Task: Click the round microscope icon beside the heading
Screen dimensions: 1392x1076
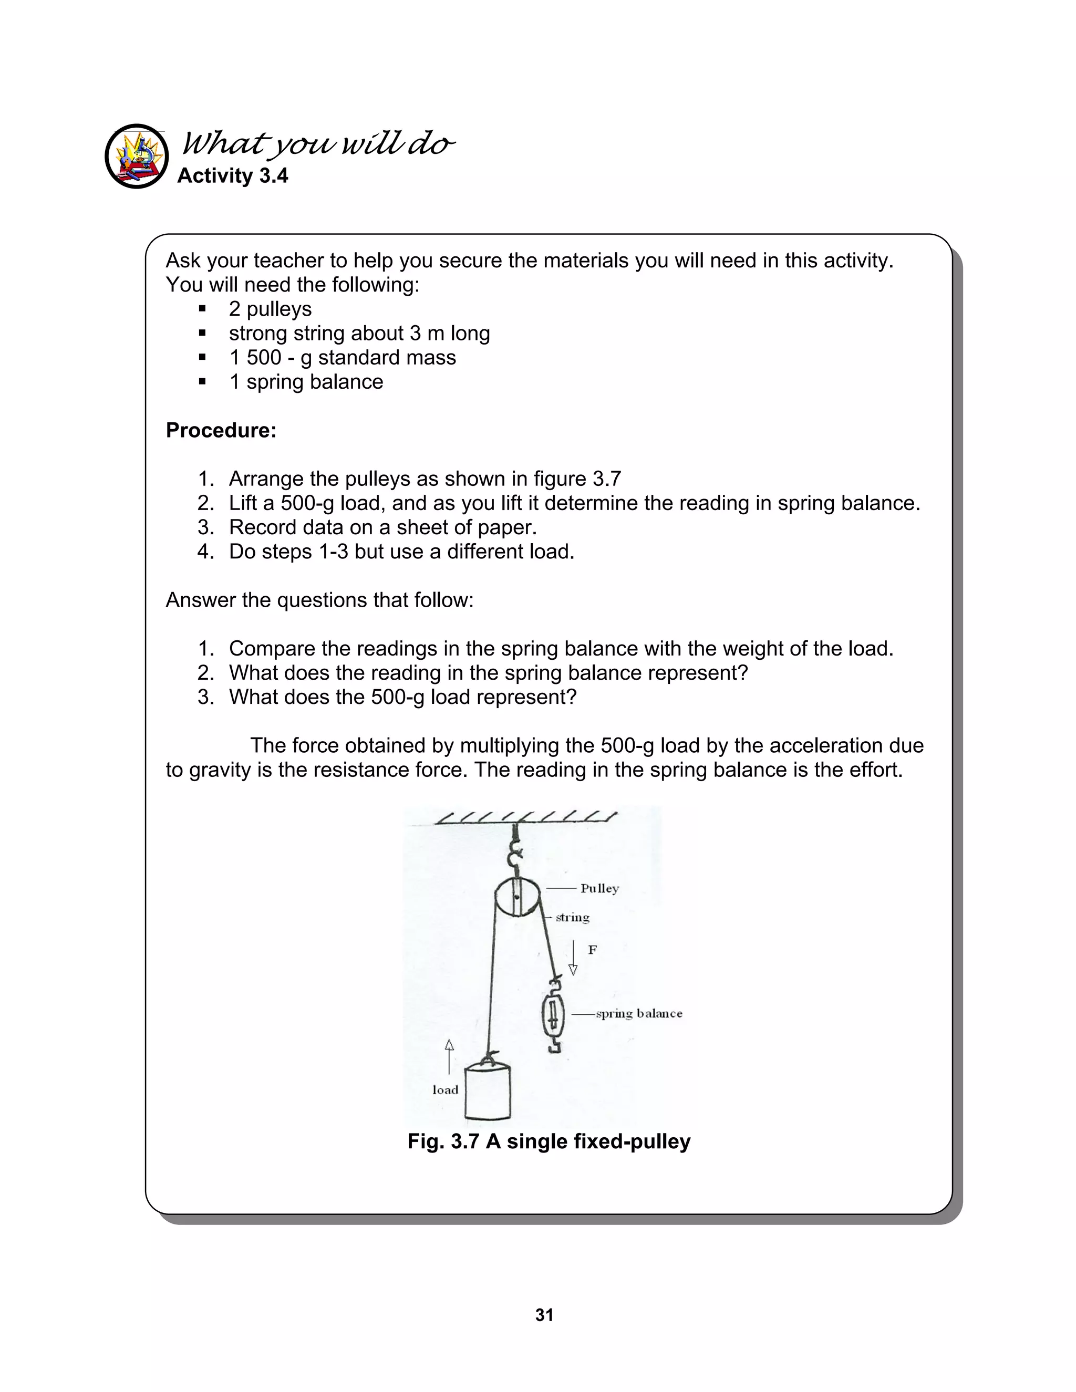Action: [x=137, y=156]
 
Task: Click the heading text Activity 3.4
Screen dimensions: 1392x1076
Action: [x=232, y=175]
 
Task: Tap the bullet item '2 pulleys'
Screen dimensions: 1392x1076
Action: [x=270, y=309]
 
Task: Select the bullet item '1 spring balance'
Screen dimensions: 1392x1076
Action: [x=306, y=382]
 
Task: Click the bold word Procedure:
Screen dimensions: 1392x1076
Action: [x=221, y=430]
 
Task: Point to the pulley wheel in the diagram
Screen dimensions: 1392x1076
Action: [x=517, y=897]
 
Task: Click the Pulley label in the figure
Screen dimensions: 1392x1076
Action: [x=599, y=888]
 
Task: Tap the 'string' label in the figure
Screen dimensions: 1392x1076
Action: [x=573, y=918]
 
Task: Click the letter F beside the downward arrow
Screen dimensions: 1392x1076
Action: [x=592, y=950]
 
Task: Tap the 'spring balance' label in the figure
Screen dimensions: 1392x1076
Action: [x=639, y=1013]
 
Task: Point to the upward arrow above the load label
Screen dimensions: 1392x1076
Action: [x=449, y=1057]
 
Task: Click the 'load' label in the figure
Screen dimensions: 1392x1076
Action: [x=445, y=1090]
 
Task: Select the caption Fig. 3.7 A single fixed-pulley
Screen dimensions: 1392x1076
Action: [x=549, y=1141]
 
